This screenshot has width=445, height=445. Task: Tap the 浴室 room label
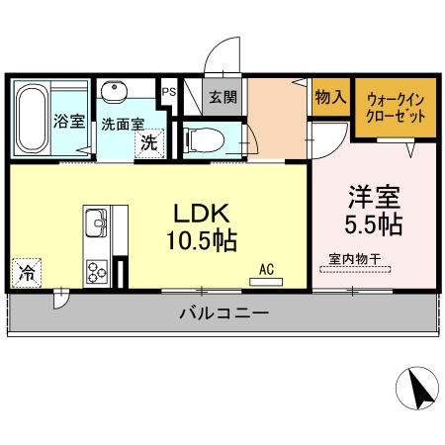69,124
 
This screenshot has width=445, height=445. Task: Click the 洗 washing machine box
147,142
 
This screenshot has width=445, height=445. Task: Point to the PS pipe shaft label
169,92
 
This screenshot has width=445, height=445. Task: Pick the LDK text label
203,213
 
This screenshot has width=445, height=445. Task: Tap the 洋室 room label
373,196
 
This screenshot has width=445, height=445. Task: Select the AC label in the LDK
266,268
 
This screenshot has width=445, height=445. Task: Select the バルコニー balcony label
223,313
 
